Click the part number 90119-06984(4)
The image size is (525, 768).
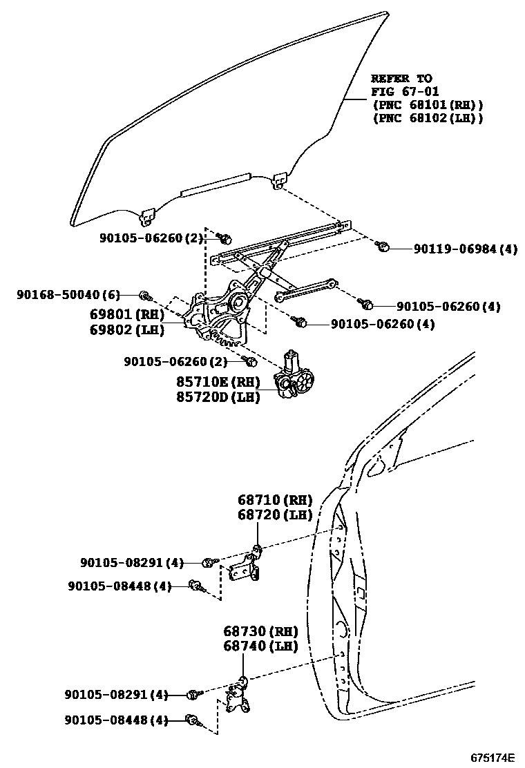(466, 249)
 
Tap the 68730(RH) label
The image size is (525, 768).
(260, 631)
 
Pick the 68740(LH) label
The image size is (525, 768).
(260, 646)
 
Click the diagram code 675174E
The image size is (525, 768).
(493, 757)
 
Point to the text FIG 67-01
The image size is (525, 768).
(405, 91)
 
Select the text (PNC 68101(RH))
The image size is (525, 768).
(427, 105)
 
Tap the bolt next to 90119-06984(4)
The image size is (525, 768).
(385, 247)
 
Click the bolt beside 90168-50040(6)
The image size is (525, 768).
(144, 296)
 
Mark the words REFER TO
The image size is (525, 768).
(401, 78)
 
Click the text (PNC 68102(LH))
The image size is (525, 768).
(427, 118)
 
